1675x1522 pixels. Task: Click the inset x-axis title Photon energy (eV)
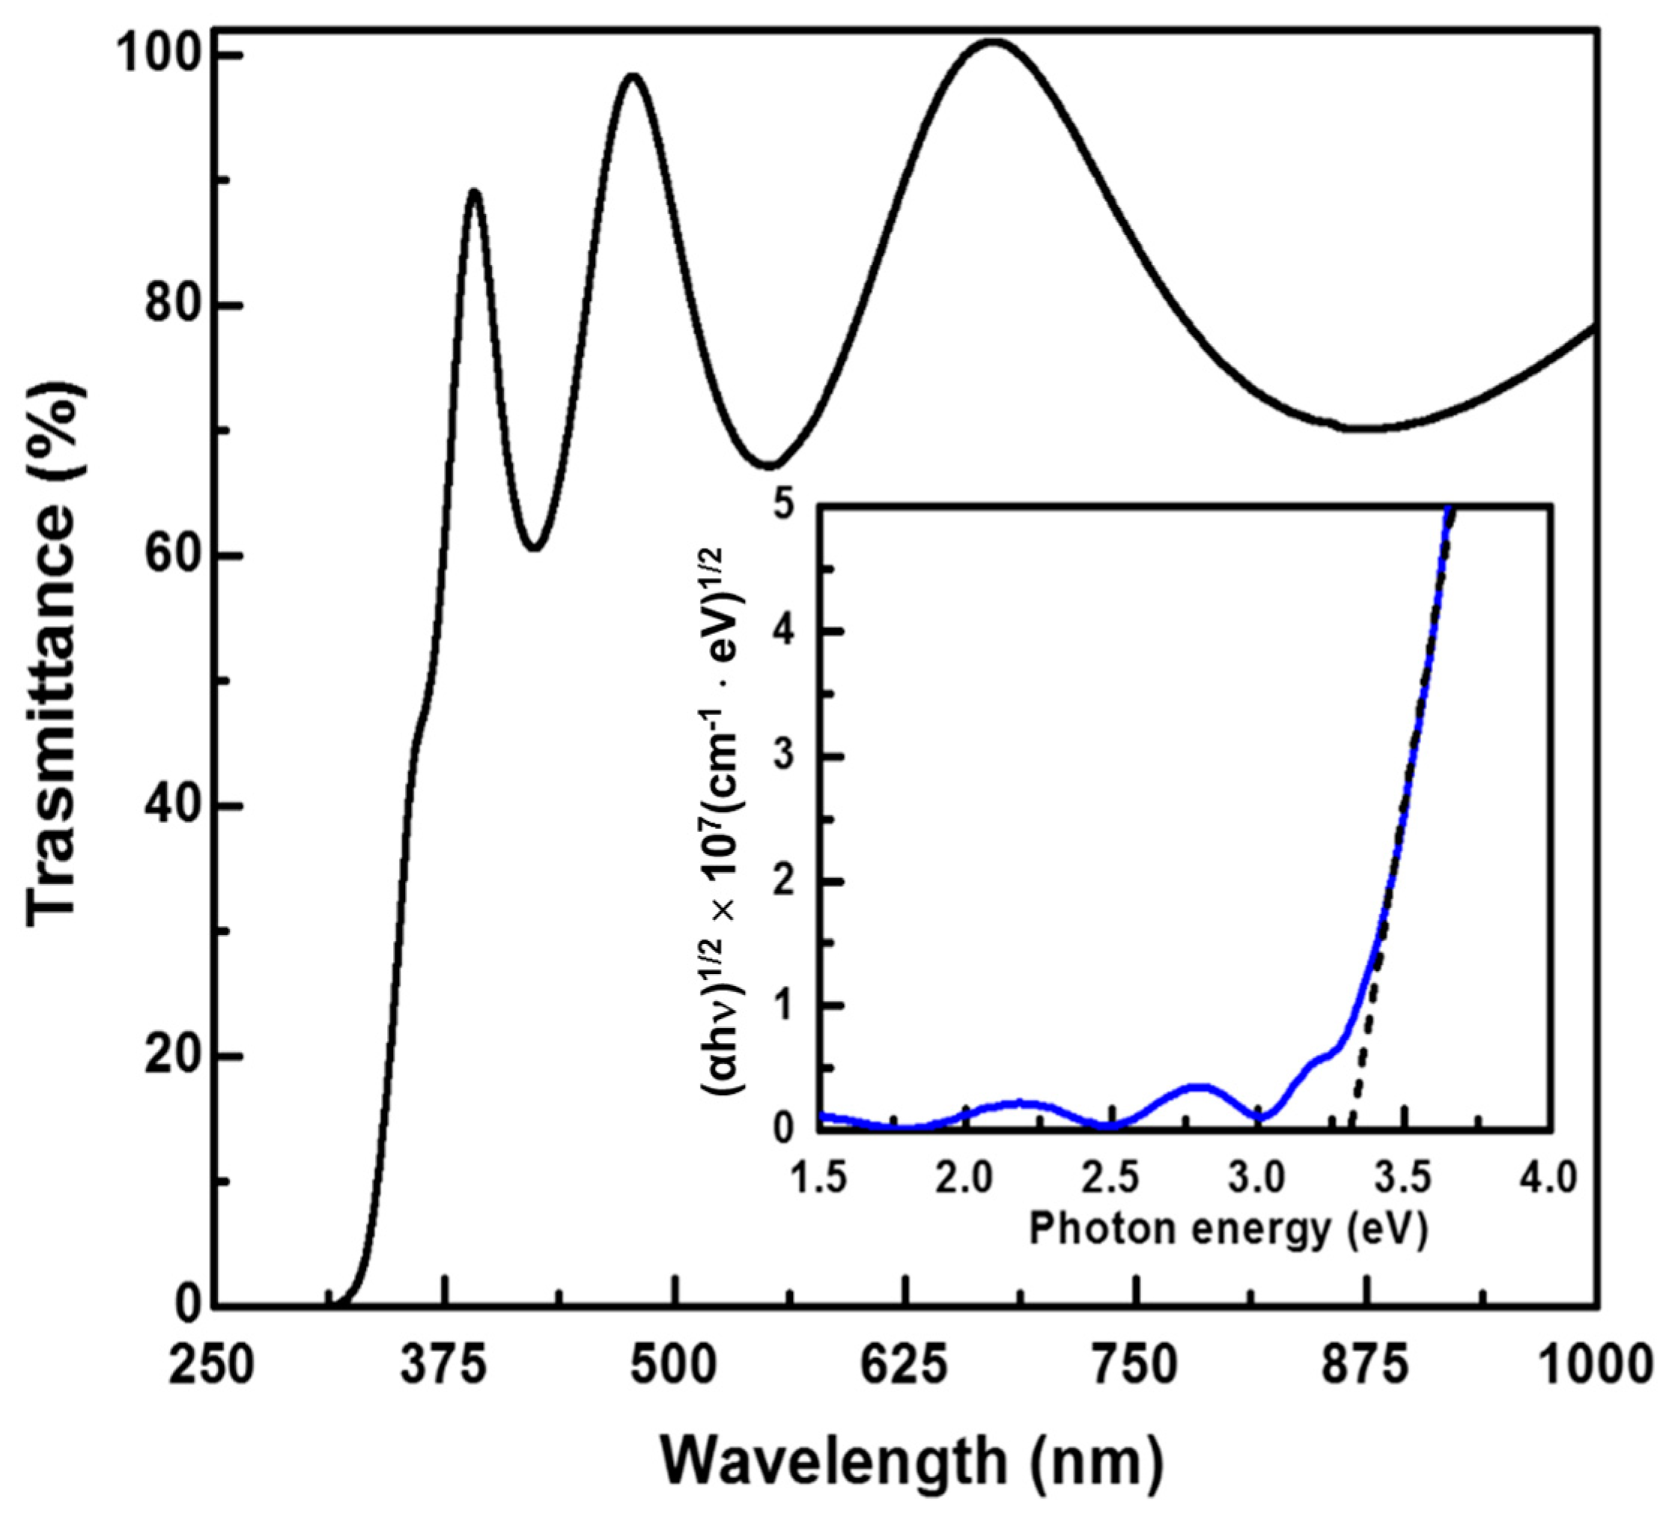tap(1228, 1229)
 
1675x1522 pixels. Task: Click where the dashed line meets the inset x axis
tap(1352, 1128)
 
